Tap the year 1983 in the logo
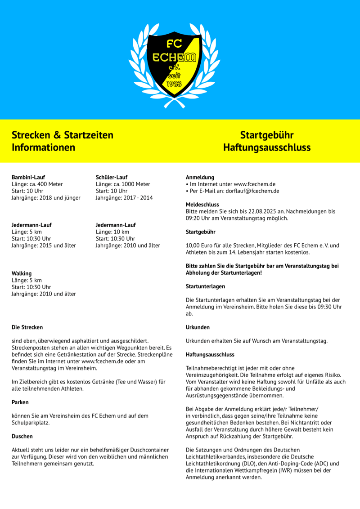click(174, 84)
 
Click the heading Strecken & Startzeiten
click(62, 135)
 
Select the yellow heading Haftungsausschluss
click(266, 147)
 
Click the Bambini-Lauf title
click(28, 177)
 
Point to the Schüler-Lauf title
click(112, 177)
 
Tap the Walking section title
click(22, 273)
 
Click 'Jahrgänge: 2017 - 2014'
click(124, 198)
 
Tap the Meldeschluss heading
click(202, 205)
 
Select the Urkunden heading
click(198, 327)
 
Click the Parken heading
click(20, 402)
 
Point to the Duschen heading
click(22, 436)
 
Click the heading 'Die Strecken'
click(27, 327)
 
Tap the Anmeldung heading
click(200, 177)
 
